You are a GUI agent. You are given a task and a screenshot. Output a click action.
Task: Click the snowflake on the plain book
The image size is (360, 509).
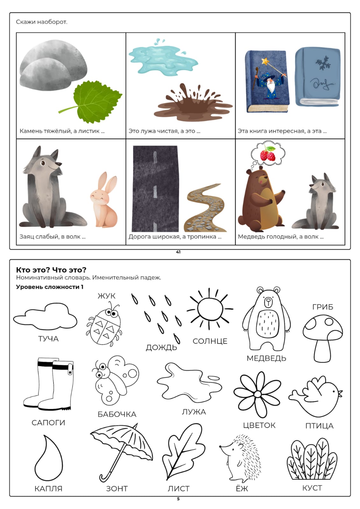pyautogui.click(x=323, y=63)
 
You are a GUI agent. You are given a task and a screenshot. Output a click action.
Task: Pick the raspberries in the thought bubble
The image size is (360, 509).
pyautogui.click(x=268, y=154)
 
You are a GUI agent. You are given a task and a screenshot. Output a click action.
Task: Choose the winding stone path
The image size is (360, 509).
pyautogui.click(x=205, y=208)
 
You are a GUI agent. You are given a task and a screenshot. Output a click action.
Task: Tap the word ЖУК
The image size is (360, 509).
pyautogui.click(x=106, y=296)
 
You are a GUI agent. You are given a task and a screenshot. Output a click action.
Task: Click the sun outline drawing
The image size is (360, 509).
pyautogui.click(x=210, y=309)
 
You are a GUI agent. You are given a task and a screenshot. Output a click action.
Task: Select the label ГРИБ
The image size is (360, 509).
pyautogui.click(x=323, y=307)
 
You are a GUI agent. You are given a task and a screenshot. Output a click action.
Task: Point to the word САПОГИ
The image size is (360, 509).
pyautogui.click(x=48, y=423)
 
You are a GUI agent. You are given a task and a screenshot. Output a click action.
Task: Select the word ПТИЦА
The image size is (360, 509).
pyautogui.click(x=319, y=426)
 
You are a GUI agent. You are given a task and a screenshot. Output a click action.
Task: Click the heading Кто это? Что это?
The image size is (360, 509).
pyautogui.click(x=51, y=270)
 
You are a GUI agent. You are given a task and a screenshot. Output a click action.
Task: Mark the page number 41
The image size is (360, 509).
pyautogui.click(x=178, y=252)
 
